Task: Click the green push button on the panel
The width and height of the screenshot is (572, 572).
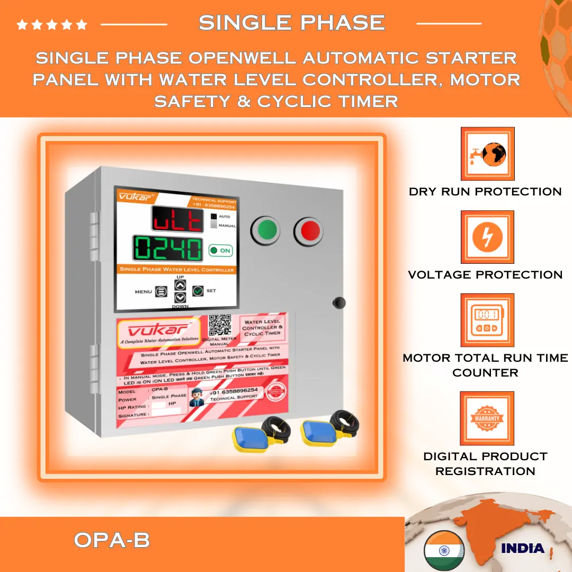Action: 268,230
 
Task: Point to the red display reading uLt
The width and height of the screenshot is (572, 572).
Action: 177,219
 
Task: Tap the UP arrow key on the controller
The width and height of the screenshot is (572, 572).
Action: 181,285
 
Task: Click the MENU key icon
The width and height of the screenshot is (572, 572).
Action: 161,291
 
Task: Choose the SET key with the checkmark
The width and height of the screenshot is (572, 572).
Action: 198,290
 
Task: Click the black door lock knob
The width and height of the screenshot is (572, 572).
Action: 338,302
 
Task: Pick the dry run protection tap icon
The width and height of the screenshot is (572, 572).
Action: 487,154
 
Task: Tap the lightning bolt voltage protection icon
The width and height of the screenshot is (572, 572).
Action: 487,237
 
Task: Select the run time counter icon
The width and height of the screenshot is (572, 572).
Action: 487,320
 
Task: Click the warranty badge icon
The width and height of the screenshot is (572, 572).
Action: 487,418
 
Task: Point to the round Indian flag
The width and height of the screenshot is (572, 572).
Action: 444,550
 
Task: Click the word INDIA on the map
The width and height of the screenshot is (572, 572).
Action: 522,548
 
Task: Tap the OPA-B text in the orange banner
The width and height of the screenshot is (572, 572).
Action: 112,540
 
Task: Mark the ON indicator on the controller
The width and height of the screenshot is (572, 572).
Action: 220,251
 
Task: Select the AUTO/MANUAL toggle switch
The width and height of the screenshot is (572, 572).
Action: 213,221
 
